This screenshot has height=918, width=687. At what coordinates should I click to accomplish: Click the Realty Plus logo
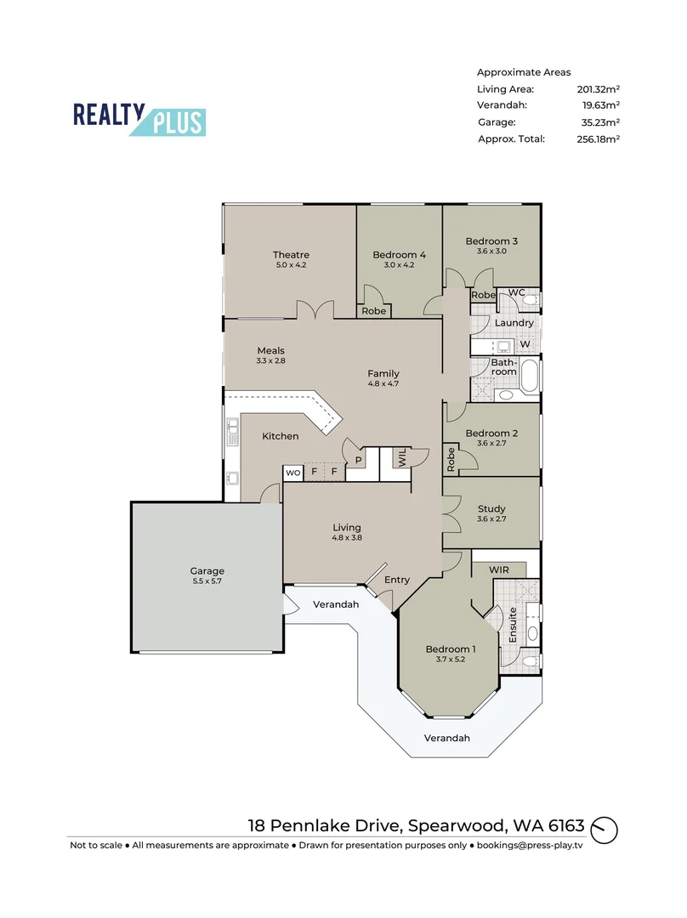139,119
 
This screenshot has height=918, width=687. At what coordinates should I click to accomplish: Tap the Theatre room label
291,255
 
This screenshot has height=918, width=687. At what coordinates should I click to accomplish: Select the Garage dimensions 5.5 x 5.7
207,582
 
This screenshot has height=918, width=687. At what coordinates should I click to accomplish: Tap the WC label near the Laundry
517,293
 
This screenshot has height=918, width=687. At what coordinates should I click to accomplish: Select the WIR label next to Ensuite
499,569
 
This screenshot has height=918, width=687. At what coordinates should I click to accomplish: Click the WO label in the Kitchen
292,472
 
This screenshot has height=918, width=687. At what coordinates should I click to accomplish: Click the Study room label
491,509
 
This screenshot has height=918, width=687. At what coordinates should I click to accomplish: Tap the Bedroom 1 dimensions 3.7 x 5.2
451,660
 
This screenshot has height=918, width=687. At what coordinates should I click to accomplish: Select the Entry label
397,580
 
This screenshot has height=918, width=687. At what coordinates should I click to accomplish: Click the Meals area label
271,350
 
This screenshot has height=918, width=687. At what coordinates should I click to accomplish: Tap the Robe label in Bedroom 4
373,311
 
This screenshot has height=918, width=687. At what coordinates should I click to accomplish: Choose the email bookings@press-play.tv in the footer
529,846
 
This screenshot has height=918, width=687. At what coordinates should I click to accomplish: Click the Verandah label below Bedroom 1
447,738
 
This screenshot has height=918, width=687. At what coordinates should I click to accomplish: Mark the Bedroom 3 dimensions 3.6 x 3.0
491,251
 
